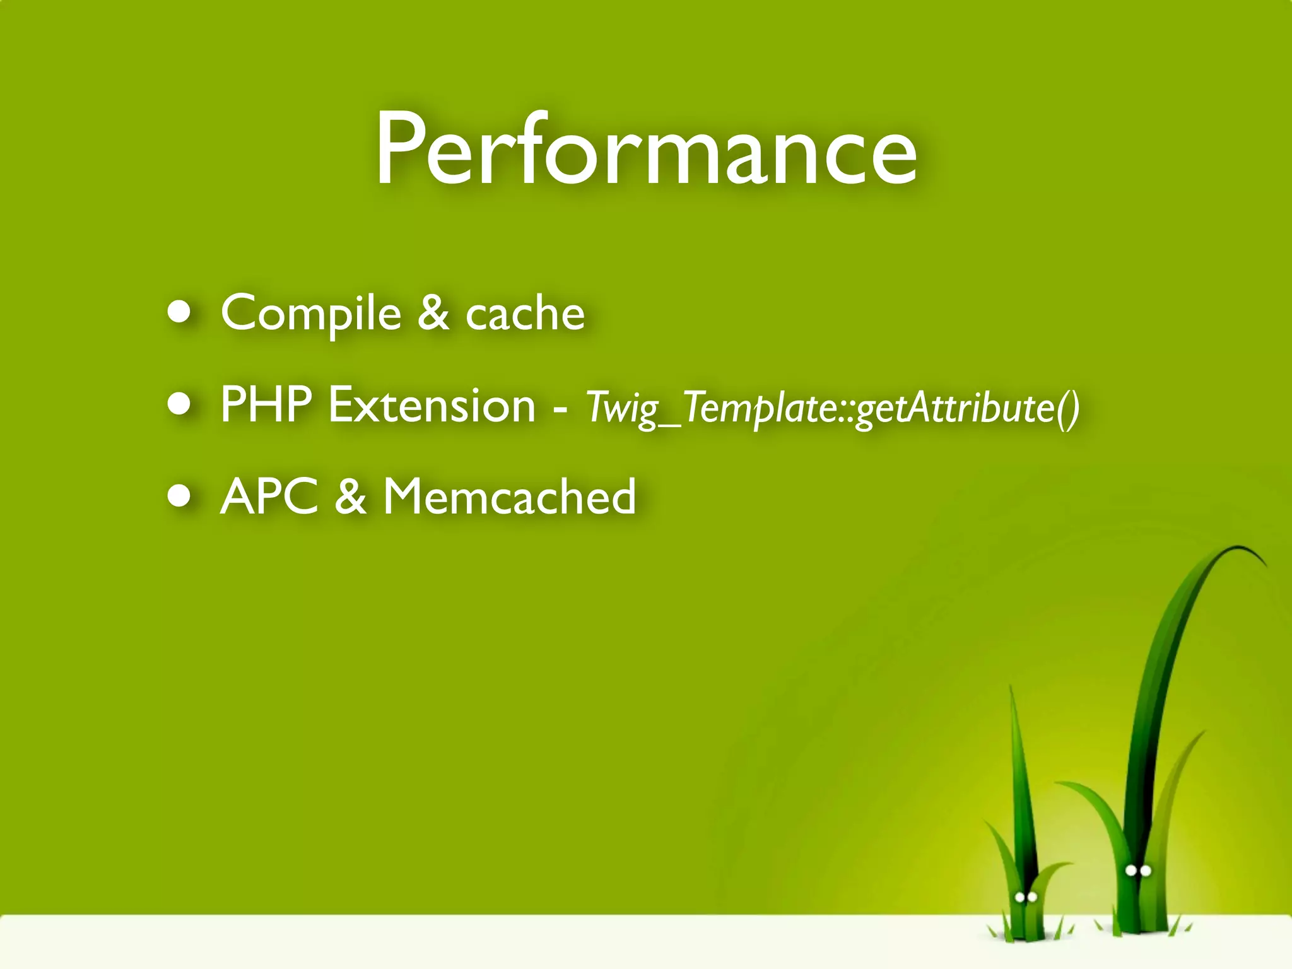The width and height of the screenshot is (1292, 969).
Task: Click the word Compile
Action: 311,314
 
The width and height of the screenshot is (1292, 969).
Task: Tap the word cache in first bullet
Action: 525,314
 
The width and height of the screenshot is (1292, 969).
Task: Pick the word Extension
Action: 432,405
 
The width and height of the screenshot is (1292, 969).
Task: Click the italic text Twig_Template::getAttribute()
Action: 833,408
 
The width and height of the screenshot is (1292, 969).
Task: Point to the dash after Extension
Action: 559,410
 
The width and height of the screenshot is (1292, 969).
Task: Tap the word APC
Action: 269,497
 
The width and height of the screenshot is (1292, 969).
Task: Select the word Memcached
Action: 510,497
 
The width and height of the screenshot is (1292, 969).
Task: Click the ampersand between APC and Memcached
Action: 351,497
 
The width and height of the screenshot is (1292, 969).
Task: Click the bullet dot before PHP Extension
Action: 180,404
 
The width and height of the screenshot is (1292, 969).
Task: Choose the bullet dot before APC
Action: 180,496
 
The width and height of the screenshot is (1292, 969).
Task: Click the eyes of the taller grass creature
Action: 1138,871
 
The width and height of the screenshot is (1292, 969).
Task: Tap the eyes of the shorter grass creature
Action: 1026,897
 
